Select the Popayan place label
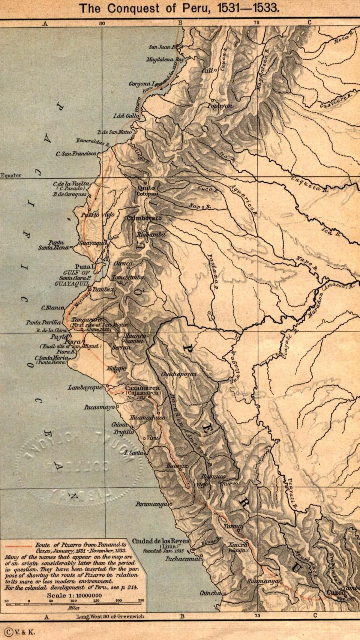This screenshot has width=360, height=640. (x=220, y=106)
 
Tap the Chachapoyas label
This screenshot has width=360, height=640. (x=178, y=374)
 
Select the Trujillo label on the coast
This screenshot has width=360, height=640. (x=124, y=432)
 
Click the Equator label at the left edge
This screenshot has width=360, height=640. (x=11, y=175)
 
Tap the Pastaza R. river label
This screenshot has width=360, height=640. (x=213, y=271)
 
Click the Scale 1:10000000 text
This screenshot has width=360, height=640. (x=74, y=595)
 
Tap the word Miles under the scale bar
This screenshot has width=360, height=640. (x=73, y=608)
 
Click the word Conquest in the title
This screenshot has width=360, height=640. (x=141, y=8)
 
